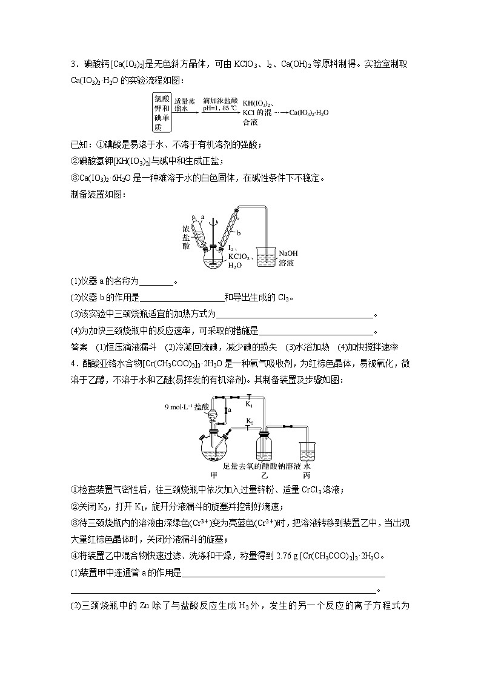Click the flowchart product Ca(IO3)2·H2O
click(309, 112)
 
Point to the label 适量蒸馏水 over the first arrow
click(185, 105)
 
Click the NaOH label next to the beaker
click(288, 253)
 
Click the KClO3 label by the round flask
click(239, 257)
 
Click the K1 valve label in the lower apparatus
click(249, 403)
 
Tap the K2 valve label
click(249, 420)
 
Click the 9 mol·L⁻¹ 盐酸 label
click(187, 407)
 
